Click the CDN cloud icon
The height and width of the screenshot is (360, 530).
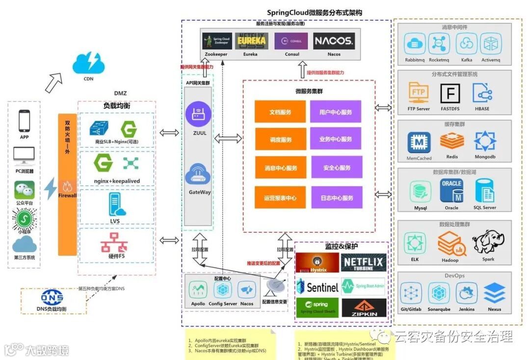coord(88,62)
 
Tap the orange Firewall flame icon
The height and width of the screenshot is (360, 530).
coord(67,186)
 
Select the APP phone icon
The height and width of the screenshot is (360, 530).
coord(25,121)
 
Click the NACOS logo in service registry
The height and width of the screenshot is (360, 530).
coord(334,41)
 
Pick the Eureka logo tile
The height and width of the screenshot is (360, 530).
coord(251,41)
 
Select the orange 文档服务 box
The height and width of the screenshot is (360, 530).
coord(280,112)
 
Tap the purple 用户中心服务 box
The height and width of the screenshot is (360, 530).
coord(336,112)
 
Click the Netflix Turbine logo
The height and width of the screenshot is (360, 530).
coord(364,263)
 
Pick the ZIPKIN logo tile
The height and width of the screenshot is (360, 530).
coord(364,308)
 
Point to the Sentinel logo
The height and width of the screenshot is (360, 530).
coord(318,287)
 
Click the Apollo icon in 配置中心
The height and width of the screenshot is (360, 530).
coord(198,290)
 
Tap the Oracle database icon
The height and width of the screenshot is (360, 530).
coord(451,191)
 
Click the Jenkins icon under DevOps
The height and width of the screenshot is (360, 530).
coord(466,293)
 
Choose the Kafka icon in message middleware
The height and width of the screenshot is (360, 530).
coord(466,44)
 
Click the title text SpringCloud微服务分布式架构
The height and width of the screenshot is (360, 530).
coord(315,13)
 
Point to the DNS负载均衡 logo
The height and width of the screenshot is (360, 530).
coord(52,297)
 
